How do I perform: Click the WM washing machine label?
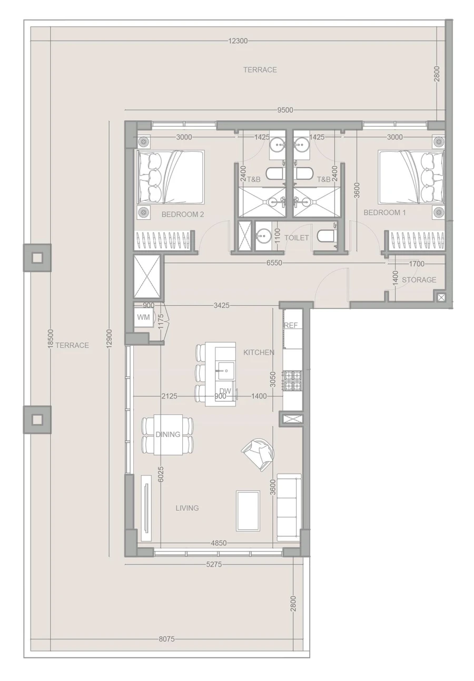[143, 317]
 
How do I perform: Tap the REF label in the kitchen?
[291, 325]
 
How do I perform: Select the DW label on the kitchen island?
[225, 391]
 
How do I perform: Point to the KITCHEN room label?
[259, 352]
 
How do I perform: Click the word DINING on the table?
[167, 434]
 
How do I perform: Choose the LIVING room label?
[187, 508]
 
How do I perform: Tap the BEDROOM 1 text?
[384, 212]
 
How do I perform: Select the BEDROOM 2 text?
[182, 215]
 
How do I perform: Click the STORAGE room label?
[419, 280]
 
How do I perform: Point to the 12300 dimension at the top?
[238, 41]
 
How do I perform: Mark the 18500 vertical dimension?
[51, 339]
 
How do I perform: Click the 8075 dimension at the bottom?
[166, 639]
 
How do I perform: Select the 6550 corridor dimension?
[274, 262]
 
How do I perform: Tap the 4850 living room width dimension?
[219, 543]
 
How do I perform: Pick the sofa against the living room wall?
[289, 506]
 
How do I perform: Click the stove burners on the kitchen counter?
[293, 381]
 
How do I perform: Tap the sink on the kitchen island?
[225, 371]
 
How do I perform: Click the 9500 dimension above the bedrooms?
[285, 110]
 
